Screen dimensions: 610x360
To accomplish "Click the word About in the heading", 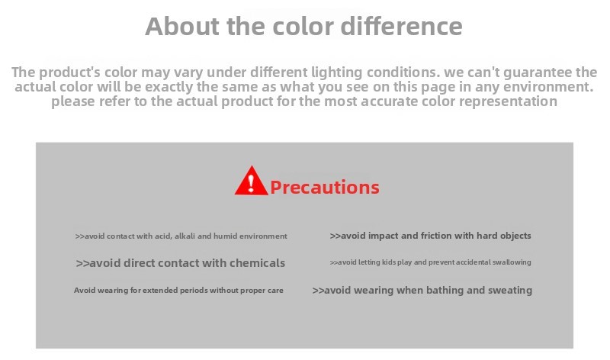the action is click(182, 26).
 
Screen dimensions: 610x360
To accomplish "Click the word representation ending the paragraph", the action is click(508, 102).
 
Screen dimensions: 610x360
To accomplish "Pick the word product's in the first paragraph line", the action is click(69, 72).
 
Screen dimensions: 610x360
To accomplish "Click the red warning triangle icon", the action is click(252, 181).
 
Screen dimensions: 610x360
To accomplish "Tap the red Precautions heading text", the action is click(325, 187).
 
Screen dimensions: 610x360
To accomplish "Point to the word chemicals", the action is click(257, 263).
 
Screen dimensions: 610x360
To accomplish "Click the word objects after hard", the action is click(515, 236).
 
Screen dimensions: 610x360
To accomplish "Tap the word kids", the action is click(388, 262).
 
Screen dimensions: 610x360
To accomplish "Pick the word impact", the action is click(384, 236).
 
